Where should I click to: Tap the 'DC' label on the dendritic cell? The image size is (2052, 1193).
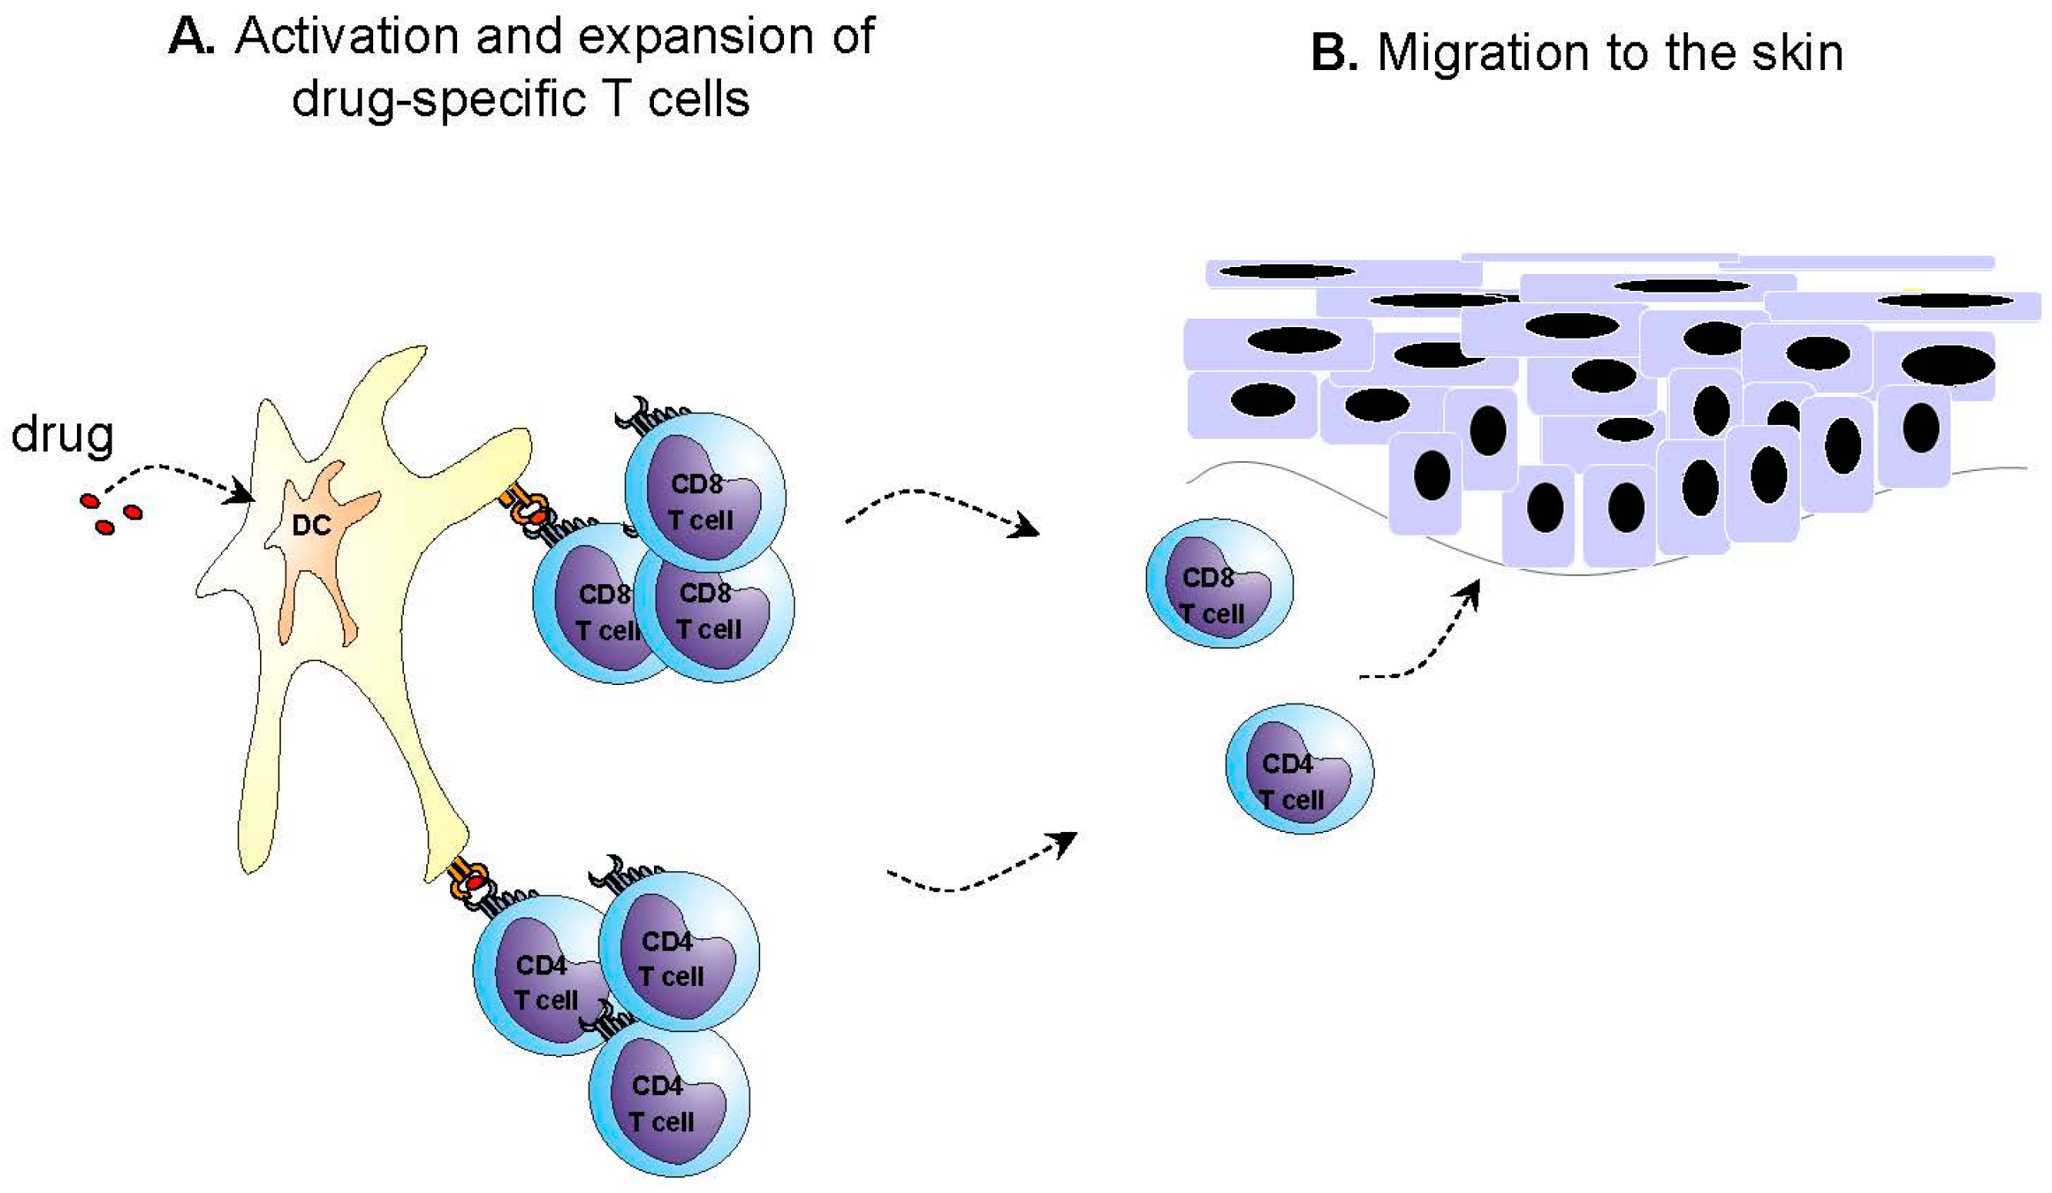[311, 526]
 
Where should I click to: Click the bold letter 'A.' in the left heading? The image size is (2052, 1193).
[192, 37]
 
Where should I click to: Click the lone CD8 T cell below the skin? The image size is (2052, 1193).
[1219, 583]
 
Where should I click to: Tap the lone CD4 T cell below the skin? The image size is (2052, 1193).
[1300, 769]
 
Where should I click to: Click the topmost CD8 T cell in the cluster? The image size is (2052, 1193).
[704, 493]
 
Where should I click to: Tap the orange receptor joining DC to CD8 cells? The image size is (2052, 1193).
[526, 509]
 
